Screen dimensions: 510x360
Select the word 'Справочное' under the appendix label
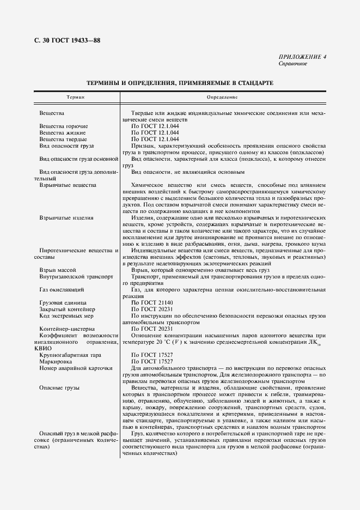point(293,64)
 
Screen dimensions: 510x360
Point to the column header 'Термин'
point(75,97)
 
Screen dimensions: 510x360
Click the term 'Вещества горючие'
point(64,126)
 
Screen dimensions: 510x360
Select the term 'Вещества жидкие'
point(62,132)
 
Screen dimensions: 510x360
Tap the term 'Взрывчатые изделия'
point(66,217)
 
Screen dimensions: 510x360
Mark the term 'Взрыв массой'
point(58,270)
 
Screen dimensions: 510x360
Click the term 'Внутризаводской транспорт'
point(76,276)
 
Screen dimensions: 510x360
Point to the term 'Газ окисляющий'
point(62,289)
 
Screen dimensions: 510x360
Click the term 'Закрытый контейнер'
point(66,309)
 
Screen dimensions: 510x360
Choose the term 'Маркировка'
point(56,361)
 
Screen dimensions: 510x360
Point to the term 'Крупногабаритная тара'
point(70,355)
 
